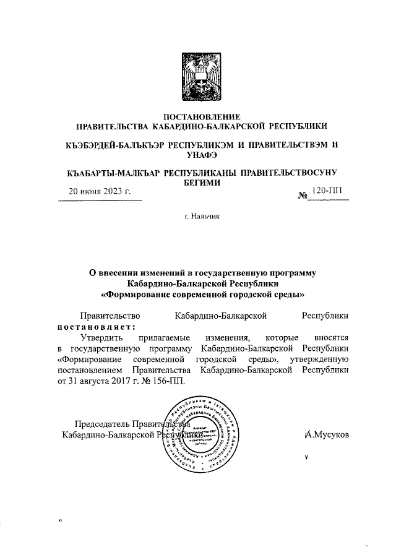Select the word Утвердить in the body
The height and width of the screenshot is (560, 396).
coord(102,337)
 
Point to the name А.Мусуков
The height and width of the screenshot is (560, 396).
coord(327,435)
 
